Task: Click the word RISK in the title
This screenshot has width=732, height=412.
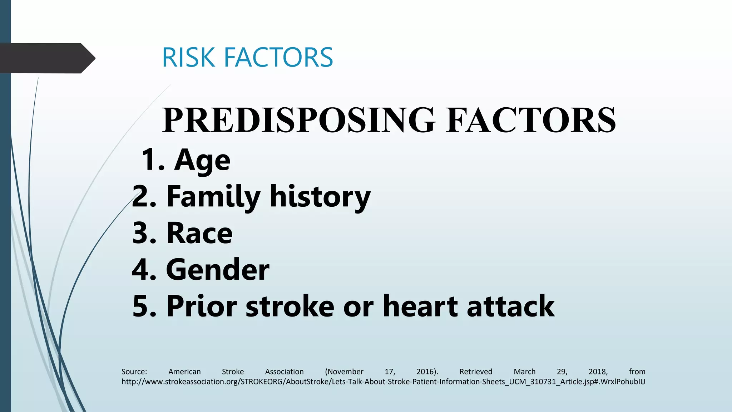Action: click(x=188, y=57)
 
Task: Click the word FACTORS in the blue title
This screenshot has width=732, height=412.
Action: click(x=278, y=57)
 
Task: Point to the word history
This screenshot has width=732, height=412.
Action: click(x=320, y=197)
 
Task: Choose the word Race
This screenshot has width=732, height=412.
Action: click(x=199, y=233)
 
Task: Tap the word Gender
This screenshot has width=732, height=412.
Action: click(x=218, y=270)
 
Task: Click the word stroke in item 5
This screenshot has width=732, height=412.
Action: click(x=290, y=306)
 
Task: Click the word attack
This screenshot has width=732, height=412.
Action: click(x=511, y=306)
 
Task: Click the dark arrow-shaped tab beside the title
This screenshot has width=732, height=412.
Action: click(x=46, y=58)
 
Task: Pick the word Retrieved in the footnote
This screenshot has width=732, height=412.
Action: click(x=476, y=372)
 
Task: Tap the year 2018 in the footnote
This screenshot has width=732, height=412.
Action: click(x=598, y=372)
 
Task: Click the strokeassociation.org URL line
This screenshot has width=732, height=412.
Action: click(x=383, y=382)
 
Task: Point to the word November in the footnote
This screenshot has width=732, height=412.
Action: click(x=345, y=372)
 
